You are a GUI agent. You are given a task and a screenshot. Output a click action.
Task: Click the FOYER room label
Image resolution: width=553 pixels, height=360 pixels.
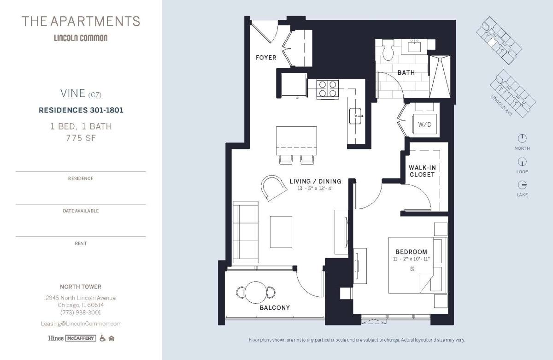(x=266, y=58)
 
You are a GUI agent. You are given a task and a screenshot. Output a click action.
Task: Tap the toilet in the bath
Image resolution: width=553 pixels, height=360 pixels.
(x=388, y=50)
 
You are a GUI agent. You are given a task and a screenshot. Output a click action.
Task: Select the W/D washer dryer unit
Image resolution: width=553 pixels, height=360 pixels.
(x=424, y=124)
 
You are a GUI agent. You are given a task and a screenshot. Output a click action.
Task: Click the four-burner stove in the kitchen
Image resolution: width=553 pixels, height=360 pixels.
(x=327, y=89)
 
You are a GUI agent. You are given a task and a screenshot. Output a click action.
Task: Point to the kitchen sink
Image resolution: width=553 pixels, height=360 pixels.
(x=355, y=116)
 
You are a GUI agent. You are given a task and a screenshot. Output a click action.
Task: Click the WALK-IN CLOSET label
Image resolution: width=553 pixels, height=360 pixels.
(x=422, y=171)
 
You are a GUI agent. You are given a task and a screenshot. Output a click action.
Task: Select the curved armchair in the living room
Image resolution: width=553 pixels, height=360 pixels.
(x=274, y=188)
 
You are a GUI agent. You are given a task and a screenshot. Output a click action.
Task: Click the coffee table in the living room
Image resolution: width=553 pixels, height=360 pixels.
(x=281, y=232)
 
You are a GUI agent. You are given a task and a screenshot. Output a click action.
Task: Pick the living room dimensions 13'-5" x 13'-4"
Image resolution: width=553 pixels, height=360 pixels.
(x=315, y=189)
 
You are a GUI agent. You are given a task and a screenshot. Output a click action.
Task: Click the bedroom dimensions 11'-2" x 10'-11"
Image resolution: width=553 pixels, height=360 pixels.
(x=411, y=259)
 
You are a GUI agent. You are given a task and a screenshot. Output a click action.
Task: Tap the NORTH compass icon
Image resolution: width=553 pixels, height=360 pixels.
(x=522, y=138)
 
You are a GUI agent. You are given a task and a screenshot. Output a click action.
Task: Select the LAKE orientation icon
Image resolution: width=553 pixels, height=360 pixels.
(x=522, y=185)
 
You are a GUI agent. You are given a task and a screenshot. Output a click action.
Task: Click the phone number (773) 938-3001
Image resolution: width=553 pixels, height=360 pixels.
(x=81, y=313)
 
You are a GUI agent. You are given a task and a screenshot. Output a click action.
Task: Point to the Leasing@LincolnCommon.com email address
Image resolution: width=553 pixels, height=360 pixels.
(x=81, y=324)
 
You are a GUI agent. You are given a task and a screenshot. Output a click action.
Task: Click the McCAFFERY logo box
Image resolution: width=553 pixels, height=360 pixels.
(x=81, y=338)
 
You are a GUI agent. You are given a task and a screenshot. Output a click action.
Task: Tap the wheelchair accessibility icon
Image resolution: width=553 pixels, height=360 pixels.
(x=102, y=338)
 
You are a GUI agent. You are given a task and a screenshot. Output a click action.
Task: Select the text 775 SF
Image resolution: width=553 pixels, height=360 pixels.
(x=81, y=138)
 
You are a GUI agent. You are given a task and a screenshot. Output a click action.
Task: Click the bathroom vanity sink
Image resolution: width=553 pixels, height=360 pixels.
(x=414, y=46)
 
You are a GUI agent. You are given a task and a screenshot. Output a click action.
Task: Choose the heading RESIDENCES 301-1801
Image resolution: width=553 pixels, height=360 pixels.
(x=81, y=110)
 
